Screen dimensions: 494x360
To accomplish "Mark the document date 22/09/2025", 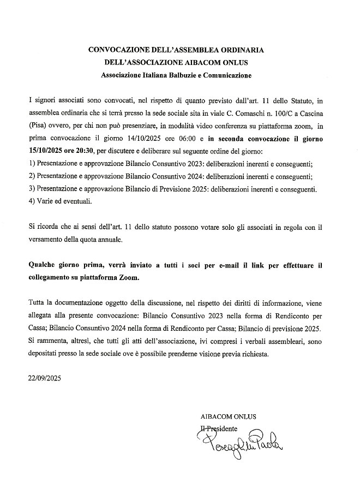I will (x=45, y=377).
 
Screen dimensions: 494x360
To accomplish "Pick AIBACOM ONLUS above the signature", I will (x=228, y=416).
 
